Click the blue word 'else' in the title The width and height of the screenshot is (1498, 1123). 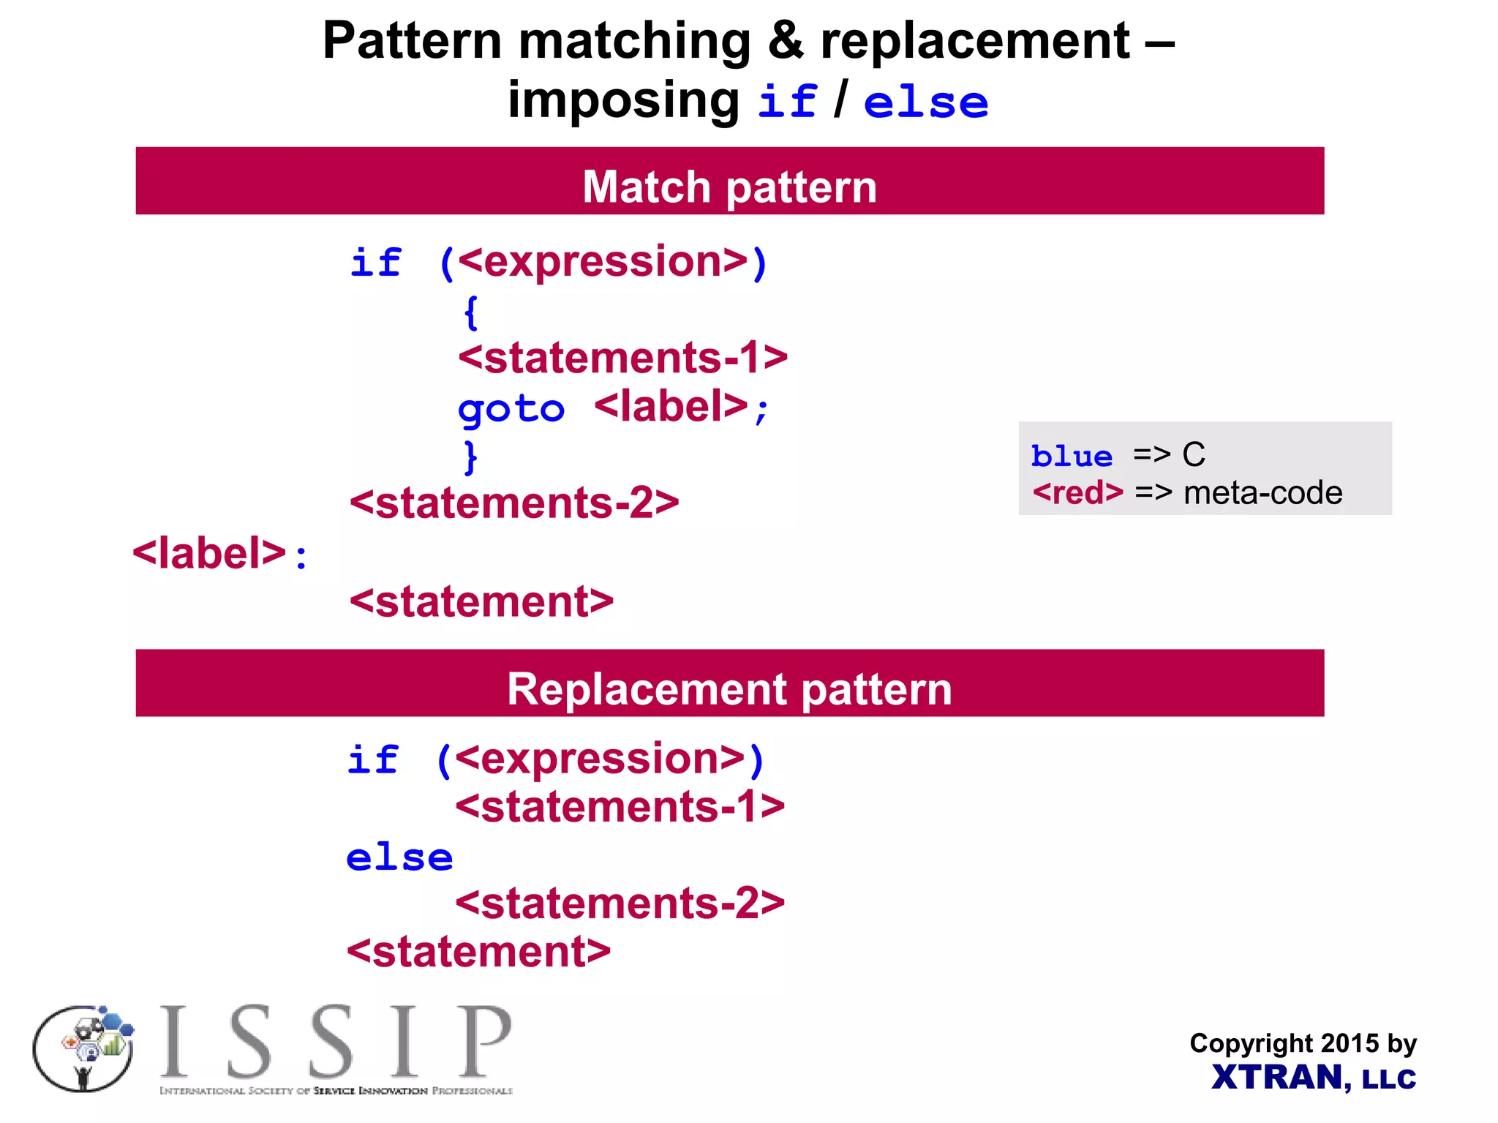pos(925,102)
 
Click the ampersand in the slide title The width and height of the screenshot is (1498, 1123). pos(785,41)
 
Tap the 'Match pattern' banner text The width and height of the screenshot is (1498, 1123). pos(729,187)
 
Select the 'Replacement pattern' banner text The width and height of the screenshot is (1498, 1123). pos(729,689)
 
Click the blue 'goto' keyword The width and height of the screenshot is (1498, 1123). pos(511,409)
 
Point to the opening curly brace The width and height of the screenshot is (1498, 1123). pos(471,313)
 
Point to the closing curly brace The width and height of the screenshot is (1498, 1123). pos(471,457)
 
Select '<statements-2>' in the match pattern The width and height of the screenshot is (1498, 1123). pos(514,503)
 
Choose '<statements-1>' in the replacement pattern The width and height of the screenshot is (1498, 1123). pos(620,807)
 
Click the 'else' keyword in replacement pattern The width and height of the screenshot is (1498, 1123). pos(399,857)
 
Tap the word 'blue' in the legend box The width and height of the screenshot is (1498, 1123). pos(1072,457)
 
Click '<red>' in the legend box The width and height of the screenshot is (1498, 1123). pos(1077,493)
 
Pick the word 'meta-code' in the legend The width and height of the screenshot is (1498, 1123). pos(1262,493)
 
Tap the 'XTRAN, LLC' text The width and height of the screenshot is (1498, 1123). pos(1314,1078)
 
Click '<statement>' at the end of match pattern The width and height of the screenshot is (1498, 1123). pos(481,601)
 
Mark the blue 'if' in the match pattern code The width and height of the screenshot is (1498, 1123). pos(376,263)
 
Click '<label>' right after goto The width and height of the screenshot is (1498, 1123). pos(671,407)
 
